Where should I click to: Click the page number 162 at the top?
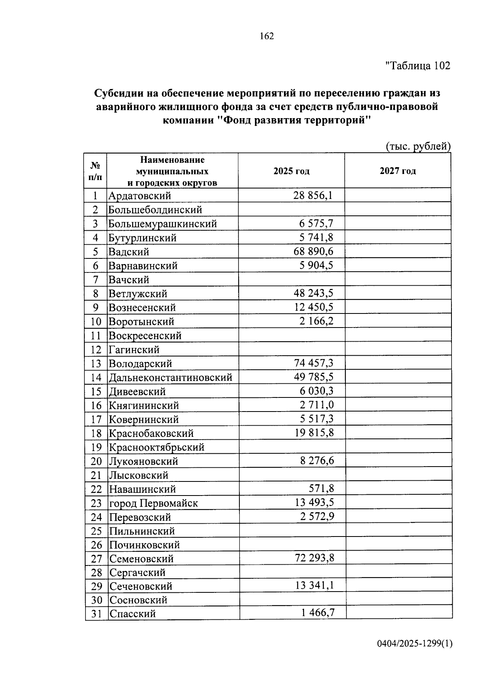pyautogui.click(x=267, y=36)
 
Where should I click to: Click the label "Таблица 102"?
pyautogui.click(x=418, y=66)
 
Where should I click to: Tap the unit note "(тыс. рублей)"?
pyautogui.click(x=418, y=147)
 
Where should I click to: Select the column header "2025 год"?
pyautogui.click(x=291, y=171)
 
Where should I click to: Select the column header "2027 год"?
pyautogui.click(x=398, y=171)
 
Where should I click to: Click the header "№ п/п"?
pyautogui.click(x=95, y=171)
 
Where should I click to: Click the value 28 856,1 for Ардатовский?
pyautogui.click(x=313, y=196)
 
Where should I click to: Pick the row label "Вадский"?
pyautogui.click(x=129, y=252)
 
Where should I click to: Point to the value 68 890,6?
pyautogui.click(x=313, y=252)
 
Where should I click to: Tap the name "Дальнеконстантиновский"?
pyautogui.click(x=171, y=378)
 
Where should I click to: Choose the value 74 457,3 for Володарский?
pyautogui.click(x=313, y=363)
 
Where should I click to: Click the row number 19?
pyautogui.click(x=96, y=447)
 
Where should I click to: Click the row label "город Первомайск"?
pyautogui.click(x=153, y=503)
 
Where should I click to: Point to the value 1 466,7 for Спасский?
pyautogui.click(x=318, y=612)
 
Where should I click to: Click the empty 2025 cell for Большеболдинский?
pyautogui.click(x=291, y=209)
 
